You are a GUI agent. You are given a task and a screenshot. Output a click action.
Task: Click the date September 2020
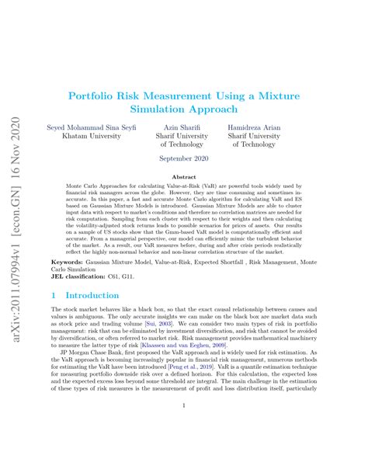pos(183,158)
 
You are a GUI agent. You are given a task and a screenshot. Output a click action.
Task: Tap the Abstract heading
pos(183,177)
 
